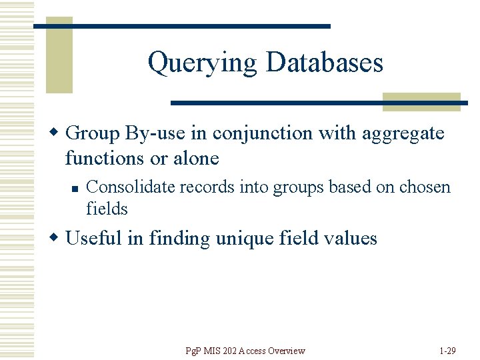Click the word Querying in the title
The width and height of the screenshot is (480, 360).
click(x=202, y=63)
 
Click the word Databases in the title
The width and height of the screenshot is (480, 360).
click(x=324, y=63)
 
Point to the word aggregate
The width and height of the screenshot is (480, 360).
click(x=403, y=134)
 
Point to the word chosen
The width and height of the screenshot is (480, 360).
click(x=425, y=188)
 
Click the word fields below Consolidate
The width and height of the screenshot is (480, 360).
click(x=107, y=209)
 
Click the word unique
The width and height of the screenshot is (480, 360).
click(x=239, y=239)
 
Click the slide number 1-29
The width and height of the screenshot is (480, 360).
click(x=447, y=351)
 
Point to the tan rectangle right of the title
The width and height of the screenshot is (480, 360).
click(x=421, y=101)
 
